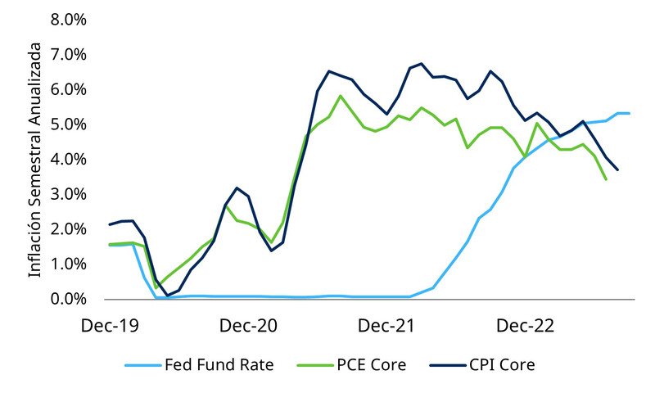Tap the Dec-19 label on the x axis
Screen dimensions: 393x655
[x=111, y=326]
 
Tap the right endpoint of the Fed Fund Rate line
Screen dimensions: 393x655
[x=629, y=113]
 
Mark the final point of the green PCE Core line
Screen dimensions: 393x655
[x=606, y=179]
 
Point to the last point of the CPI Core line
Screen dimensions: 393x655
[x=617, y=170]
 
